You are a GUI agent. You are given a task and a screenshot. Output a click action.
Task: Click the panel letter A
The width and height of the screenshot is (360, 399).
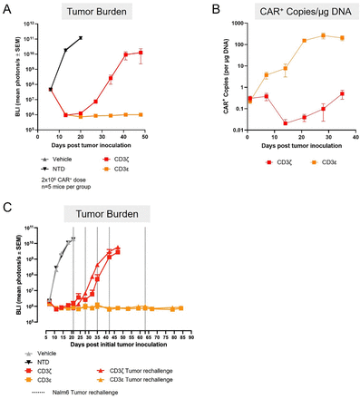pyautogui.click(x=8, y=8)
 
